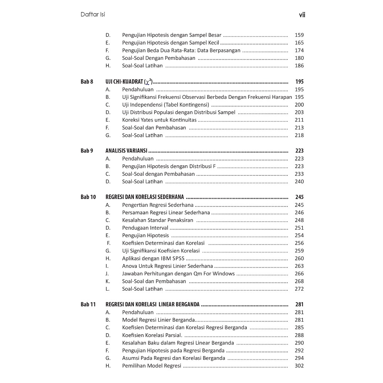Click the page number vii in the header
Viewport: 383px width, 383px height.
click(x=302, y=15)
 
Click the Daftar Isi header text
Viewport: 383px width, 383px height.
click(x=93, y=15)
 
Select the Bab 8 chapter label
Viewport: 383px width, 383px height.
click(x=87, y=82)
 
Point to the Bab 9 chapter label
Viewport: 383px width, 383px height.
click(x=87, y=151)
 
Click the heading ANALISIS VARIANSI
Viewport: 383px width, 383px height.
click(x=126, y=151)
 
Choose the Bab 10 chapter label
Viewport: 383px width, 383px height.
click(x=88, y=197)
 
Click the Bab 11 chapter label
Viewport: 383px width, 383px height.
click(x=88, y=304)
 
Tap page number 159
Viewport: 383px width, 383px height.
click(x=299, y=35)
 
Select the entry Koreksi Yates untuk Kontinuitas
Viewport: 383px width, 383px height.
click(x=159, y=120)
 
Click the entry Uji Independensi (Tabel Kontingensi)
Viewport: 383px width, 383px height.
click(x=165, y=105)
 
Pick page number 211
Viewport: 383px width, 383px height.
click(x=299, y=120)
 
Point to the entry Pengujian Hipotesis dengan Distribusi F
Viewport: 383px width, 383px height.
click(x=169, y=166)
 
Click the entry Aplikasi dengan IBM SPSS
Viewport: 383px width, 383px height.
click(x=153, y=258)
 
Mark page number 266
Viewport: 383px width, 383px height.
click(x=299, y=273)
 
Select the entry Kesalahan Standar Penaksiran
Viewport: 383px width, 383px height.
click(x=157, y=220)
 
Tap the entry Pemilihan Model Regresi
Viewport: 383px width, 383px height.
click(x=151, y=365)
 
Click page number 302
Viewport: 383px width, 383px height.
click(x=299, y=365)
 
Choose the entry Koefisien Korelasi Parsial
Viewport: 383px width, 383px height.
click(x=152, y=335)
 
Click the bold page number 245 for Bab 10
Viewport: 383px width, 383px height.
click(x=299, y=197)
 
